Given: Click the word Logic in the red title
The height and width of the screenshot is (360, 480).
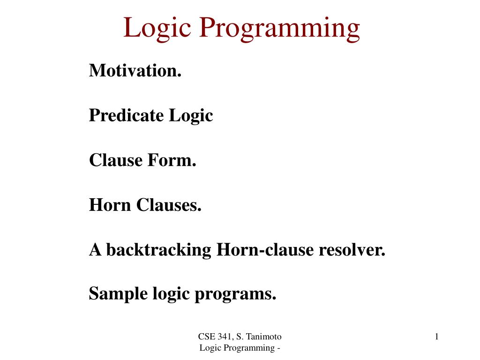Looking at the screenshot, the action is tap(157, 29).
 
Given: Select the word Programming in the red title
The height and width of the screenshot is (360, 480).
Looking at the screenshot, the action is tap(279, 29).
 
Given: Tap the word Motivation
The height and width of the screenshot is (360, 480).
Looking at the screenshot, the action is tap(135, 70).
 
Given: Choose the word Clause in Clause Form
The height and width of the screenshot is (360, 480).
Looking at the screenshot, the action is tap(116, 160).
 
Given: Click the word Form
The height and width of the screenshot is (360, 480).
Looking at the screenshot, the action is tap(172, 160).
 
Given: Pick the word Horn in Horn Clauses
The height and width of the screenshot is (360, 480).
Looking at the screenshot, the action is tap(110, 205).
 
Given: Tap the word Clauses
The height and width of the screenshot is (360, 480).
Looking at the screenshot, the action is tap(169, 205).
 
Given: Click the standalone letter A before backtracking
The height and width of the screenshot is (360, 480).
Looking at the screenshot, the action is tap(95, 250).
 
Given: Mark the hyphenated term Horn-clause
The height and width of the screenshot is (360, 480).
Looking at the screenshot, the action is tap(265, 250).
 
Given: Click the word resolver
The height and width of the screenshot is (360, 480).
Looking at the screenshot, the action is tap(352, 250).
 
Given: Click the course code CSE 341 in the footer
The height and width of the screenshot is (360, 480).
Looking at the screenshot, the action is tap(216, 337).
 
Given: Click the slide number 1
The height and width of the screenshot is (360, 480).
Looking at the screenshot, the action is tap(436, 337).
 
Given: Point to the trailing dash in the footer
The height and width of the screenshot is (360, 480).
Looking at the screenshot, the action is tap(278, 348).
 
